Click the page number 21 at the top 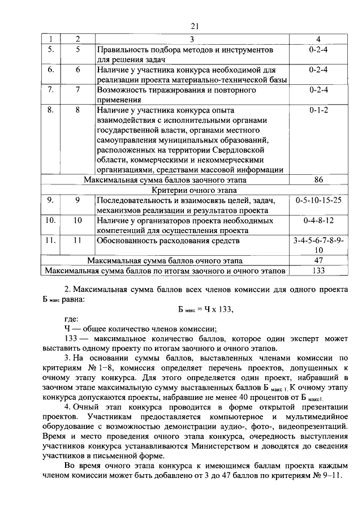click(x=196, y=25)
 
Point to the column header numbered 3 click(x=192, y=39)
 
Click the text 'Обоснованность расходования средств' click(x=167, y=240)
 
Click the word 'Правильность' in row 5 click(x=123, y=50)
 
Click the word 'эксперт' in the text click(x=297, y=338)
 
